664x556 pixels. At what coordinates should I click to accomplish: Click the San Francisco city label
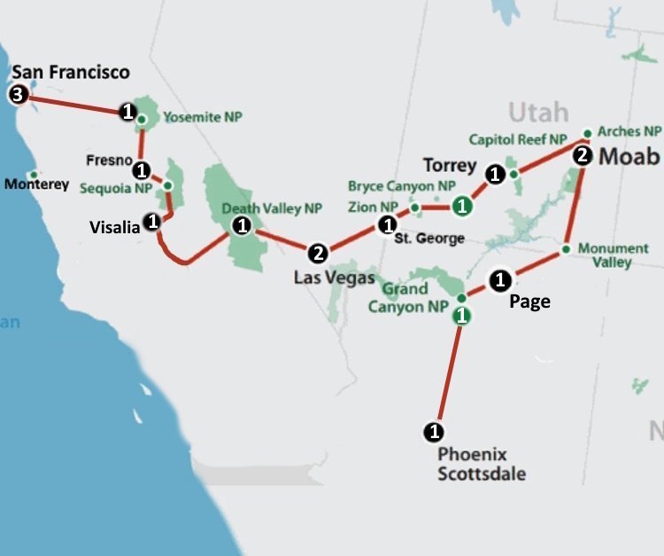pos(71,72)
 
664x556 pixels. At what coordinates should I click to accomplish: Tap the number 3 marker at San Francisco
pos(17,94)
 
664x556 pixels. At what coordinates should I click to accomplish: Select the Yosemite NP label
pos(203,117)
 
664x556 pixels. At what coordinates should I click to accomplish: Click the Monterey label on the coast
pos(36,184)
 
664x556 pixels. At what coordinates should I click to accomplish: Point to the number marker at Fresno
pos(141,168)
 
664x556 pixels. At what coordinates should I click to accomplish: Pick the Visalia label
pos(115,227)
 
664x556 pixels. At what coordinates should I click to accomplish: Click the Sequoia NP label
pos(116,188)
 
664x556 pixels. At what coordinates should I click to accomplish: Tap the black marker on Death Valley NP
pos(240,225)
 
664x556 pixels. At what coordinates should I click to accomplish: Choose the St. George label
pos(430,239)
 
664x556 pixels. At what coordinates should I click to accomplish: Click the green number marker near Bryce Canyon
pos(461,207)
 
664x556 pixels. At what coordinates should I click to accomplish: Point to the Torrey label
pos(450,166)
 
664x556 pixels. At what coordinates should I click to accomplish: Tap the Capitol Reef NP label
pos(517,139)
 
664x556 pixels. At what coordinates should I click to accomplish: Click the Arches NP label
pos(629,131)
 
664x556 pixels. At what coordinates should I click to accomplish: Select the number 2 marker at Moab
pos(582,156)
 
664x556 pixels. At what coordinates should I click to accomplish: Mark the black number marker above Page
pos(499,280)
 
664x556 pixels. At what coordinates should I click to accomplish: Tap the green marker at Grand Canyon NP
pos(460,315)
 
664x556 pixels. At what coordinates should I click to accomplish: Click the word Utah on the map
pos(537,113)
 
